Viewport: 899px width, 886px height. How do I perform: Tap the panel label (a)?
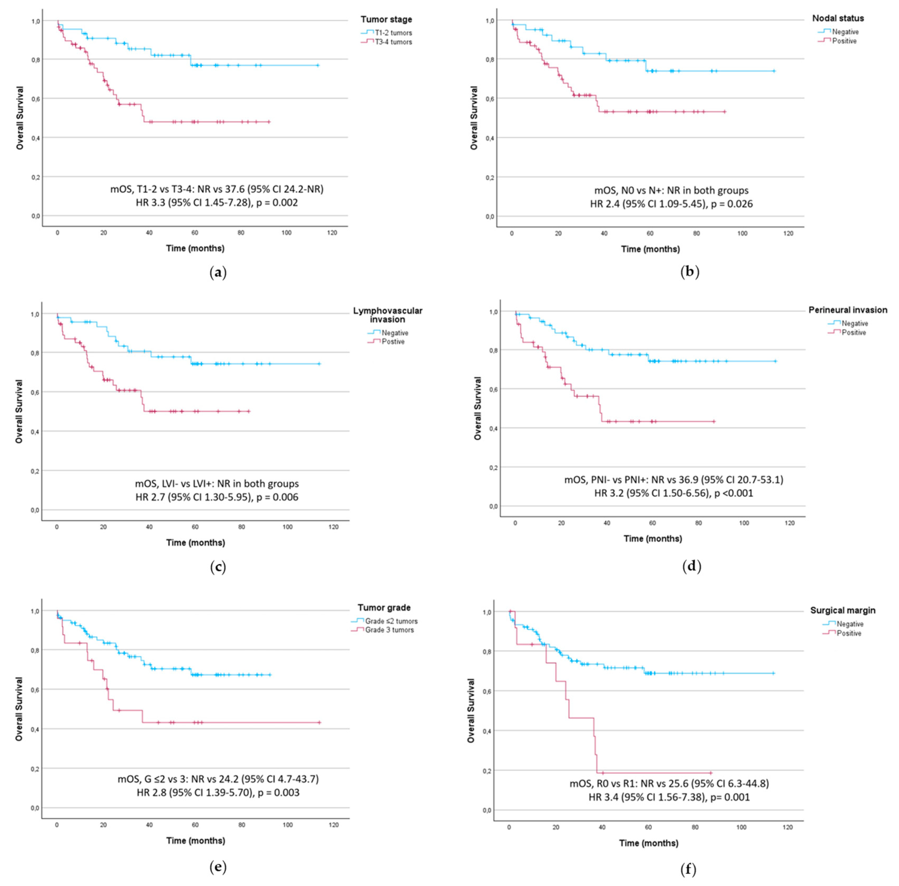point(218,273)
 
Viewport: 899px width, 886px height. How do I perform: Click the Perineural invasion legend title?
point(847,310)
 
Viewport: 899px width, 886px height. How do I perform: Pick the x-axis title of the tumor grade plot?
point(195,840)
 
